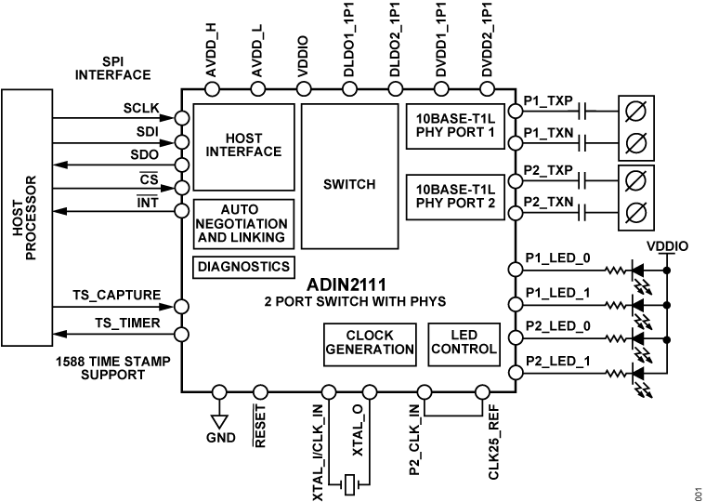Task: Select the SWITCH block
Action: tap(349, 184)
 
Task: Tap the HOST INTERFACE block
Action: tap(243, 145)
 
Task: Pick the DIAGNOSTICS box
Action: tap(243, 266)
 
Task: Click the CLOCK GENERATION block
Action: tap(370, 342)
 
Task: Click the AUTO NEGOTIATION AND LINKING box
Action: tap(243, 224)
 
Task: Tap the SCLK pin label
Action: tap(142, 108)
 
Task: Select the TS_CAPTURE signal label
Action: tap(117, 296)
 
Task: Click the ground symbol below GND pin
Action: tap(219, 422)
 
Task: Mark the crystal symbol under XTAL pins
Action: tap(347, 484)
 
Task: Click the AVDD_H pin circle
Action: tap(212, 89)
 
